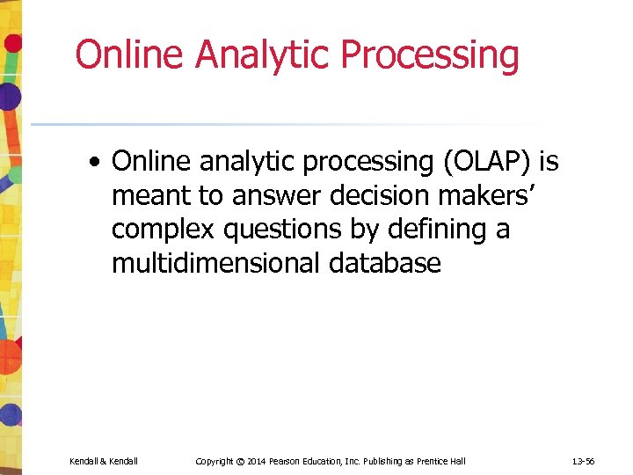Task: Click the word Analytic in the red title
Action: point(264,55)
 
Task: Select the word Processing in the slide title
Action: point(430,55)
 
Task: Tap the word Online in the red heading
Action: point(130,55)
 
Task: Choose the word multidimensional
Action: point(218,263)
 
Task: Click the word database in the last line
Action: point(386,263)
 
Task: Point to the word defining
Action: point(433,230)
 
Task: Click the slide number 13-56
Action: point(583,461)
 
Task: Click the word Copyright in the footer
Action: point(214,461)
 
